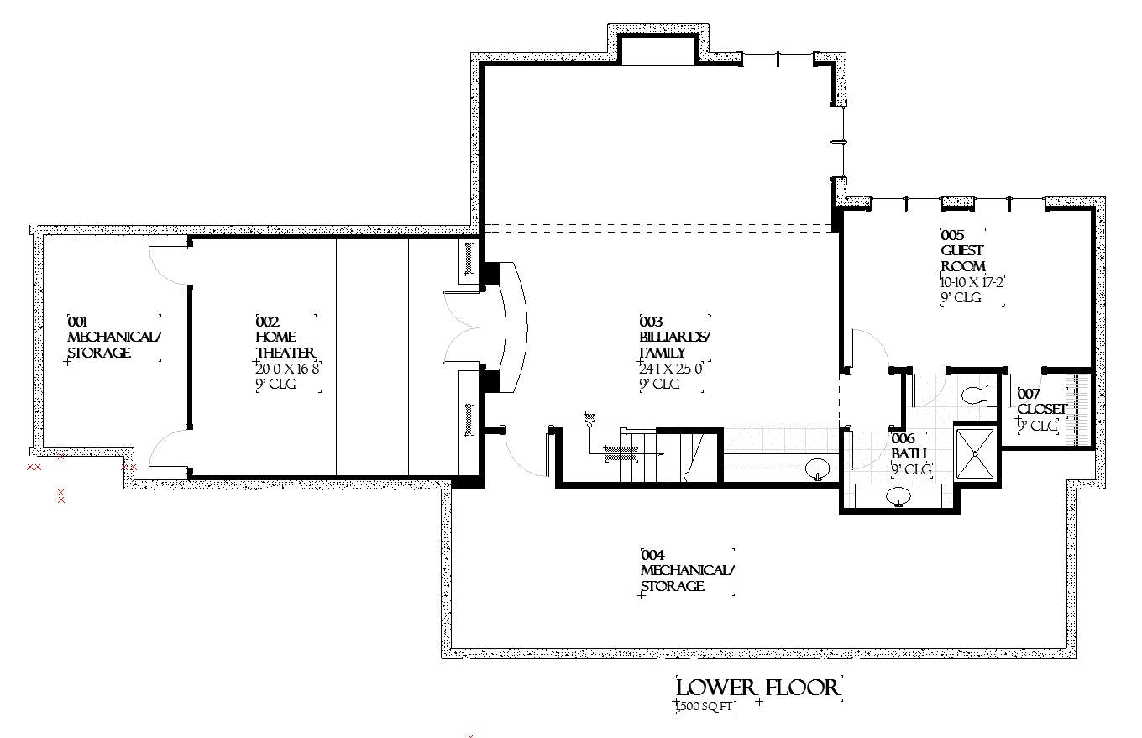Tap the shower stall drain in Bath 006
click(x=975, y=453)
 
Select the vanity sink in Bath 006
click(x=898, y=497)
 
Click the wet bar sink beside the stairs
click(x=816, y=468)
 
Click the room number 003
click(x=652, y=322)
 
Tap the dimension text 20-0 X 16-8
click(x=290, y=369)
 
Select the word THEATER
click(x=285, y=353)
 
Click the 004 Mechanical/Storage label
click(x=687, y=571)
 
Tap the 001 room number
click(x=79, y=322)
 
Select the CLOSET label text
click(x=1042, y=410)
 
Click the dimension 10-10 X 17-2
click(x=972, y=282)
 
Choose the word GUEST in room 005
click(x=961, y=250)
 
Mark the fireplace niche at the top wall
click(x=657, y=50)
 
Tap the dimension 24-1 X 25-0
click(x=670, y=369)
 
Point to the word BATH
click(x=909, y=454)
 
